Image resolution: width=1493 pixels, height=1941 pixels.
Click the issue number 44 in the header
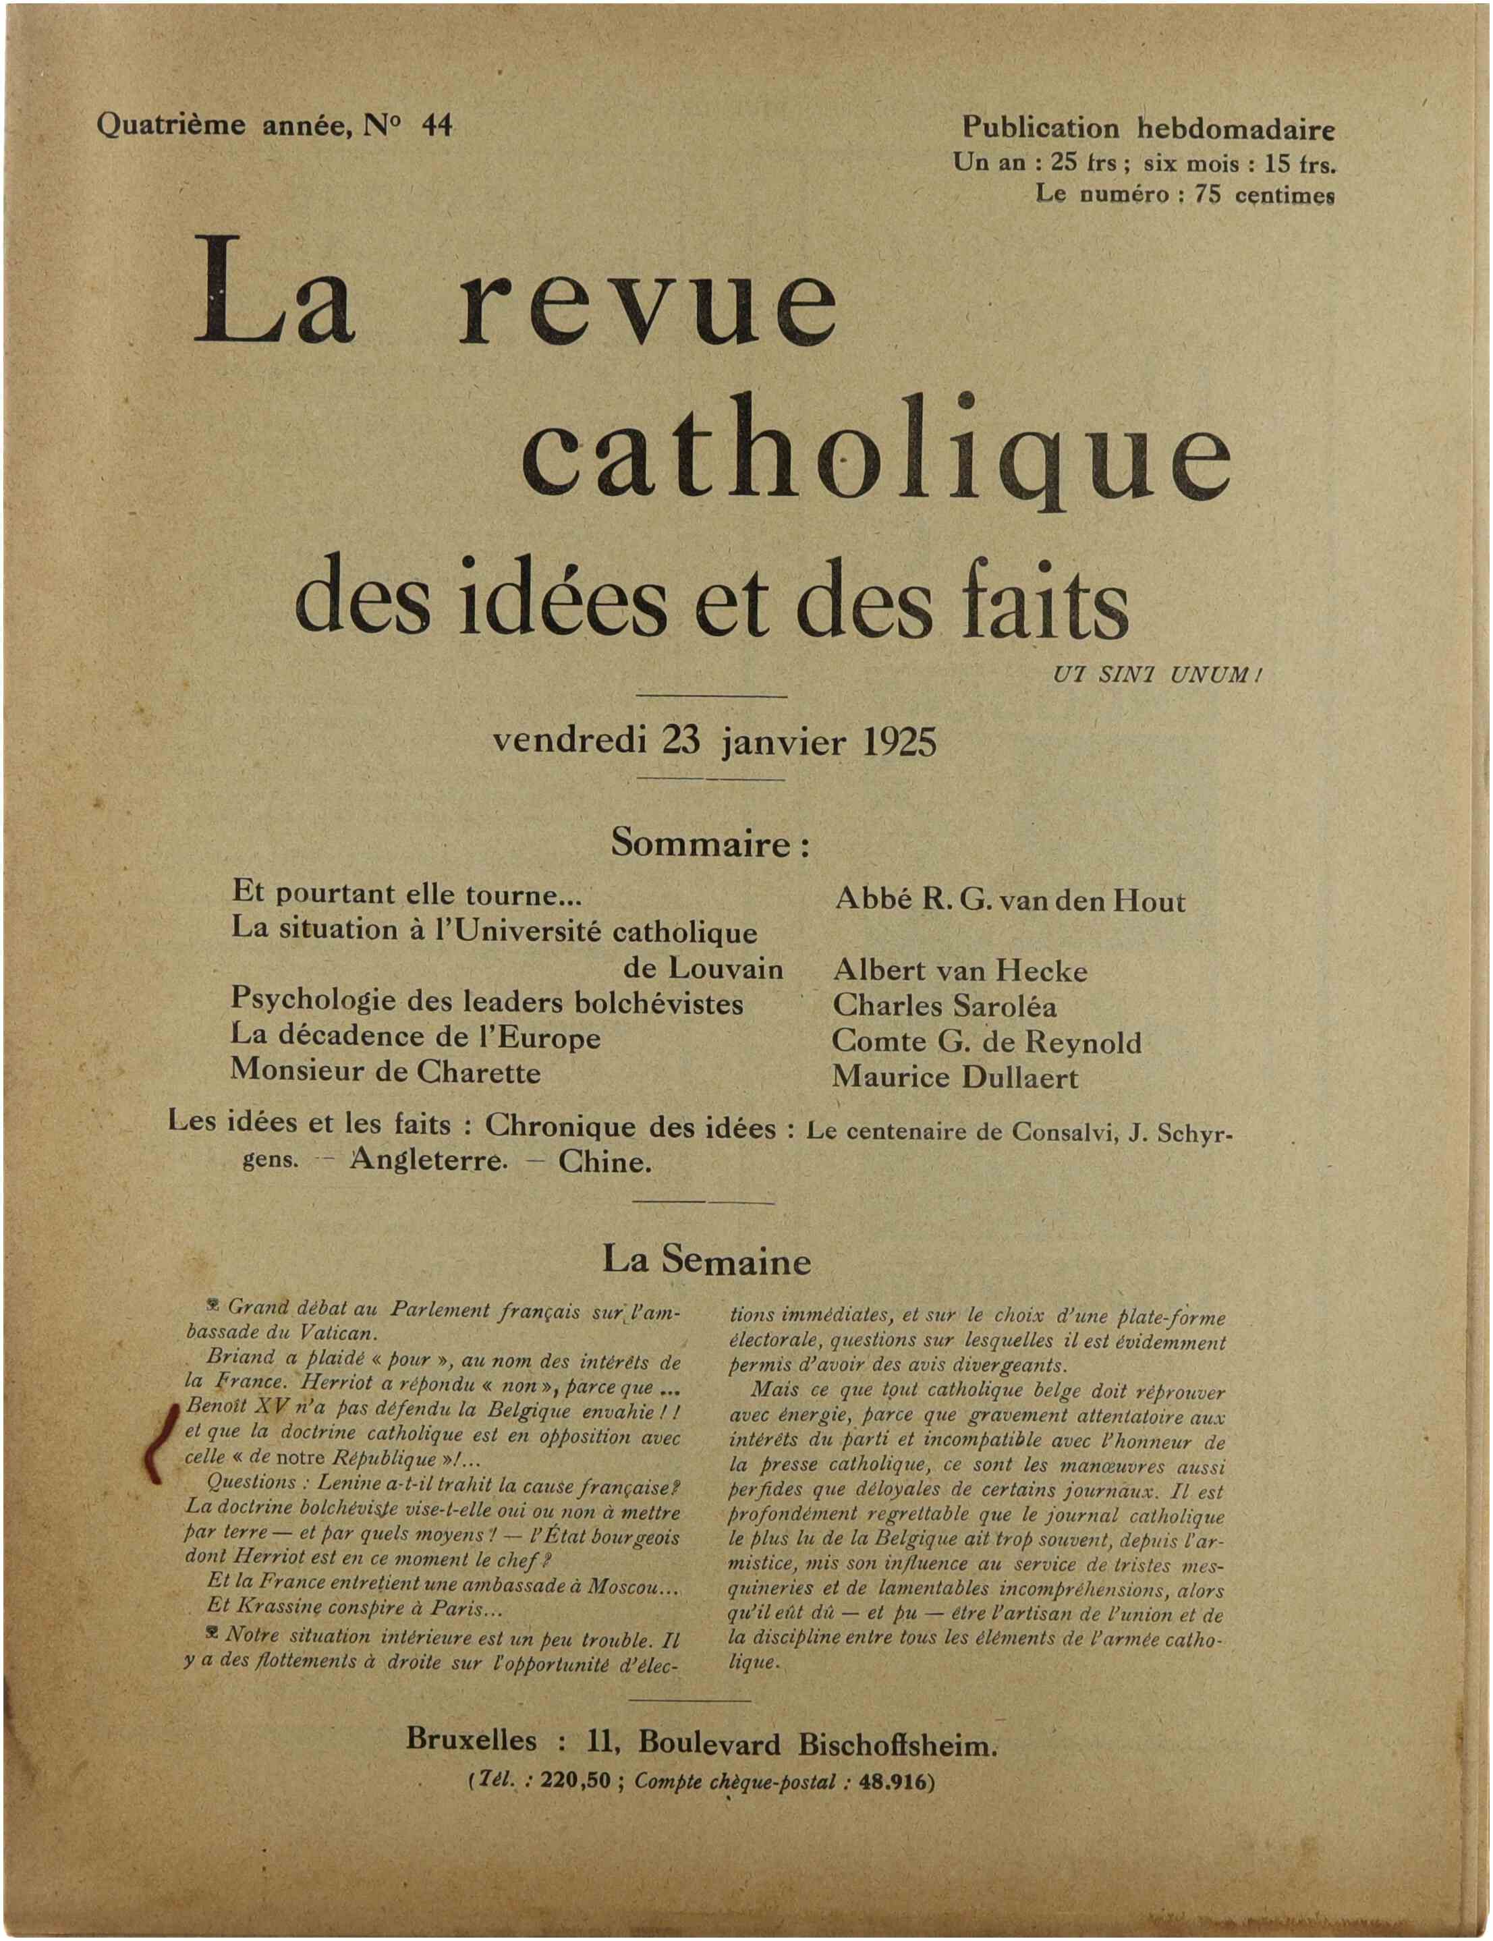coord(436,126)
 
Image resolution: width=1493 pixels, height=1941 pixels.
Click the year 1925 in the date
coord(899,741)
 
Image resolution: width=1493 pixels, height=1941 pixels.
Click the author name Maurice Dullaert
coord(955,1078)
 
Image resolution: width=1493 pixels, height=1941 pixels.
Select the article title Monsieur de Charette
coord(386,1072)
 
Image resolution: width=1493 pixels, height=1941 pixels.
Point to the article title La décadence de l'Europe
coord(416,1037)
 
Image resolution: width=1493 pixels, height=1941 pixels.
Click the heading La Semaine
coord(706,1261)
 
